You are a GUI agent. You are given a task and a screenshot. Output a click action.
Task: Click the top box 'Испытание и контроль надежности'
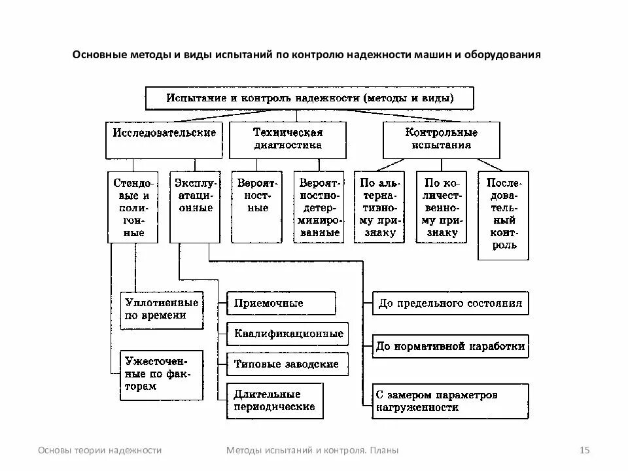309,98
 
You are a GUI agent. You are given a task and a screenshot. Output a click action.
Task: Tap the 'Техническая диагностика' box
288,139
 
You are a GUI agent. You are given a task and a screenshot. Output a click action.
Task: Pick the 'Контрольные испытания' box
441,139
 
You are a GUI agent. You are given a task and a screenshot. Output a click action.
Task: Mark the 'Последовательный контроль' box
503,215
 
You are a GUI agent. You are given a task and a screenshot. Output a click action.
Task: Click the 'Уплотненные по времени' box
162,309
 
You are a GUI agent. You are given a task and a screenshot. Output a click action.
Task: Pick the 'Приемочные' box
281,304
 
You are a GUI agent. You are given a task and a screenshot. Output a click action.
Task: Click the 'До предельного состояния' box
450,304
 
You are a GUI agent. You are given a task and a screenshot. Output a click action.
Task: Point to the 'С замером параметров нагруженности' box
450,401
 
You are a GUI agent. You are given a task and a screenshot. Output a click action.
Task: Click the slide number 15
585,450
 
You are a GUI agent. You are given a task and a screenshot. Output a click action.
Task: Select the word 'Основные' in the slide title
99,55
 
